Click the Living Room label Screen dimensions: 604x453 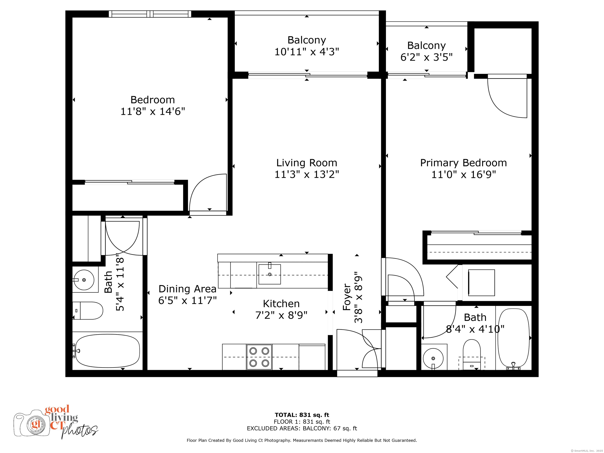307,163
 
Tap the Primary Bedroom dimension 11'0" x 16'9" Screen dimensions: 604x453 463,174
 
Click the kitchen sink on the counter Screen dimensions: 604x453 270,274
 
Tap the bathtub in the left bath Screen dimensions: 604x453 108,351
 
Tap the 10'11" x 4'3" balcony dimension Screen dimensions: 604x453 307,52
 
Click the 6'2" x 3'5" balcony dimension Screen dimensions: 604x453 426,57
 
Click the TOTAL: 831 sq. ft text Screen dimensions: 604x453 302,415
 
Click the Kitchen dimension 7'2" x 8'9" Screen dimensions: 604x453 281,315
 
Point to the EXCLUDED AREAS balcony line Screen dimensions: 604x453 302,428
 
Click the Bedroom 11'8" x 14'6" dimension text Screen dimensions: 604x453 153,111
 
